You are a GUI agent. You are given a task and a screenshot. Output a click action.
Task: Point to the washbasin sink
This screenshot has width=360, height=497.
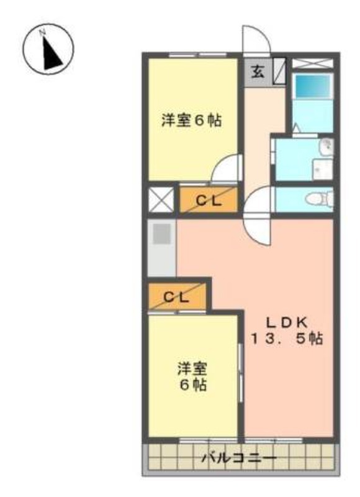point(326,147)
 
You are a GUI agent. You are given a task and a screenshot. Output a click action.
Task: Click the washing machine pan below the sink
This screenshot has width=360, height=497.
point(322,169)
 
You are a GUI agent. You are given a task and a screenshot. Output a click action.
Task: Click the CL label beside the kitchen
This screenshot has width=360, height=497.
point(176,297)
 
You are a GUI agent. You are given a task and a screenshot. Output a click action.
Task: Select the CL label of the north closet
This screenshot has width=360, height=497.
point(209,201)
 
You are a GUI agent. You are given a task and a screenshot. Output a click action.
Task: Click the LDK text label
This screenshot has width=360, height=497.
point(287,322)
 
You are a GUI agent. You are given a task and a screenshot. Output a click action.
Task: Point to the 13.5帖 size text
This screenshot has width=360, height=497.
point(287,339)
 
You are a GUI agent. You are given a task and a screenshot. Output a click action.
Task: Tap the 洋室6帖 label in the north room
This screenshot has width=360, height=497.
point(192,121)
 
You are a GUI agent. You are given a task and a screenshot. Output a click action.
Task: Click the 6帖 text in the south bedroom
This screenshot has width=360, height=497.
point(193,385)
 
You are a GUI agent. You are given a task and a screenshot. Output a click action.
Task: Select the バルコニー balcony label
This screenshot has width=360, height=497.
point(240,458)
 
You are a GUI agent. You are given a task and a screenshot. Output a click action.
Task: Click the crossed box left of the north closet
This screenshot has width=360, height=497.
point(161,199)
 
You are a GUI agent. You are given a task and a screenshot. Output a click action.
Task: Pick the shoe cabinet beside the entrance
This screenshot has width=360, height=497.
point(279,71)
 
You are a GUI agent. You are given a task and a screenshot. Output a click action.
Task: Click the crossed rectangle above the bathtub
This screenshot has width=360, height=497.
point(312,63)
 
